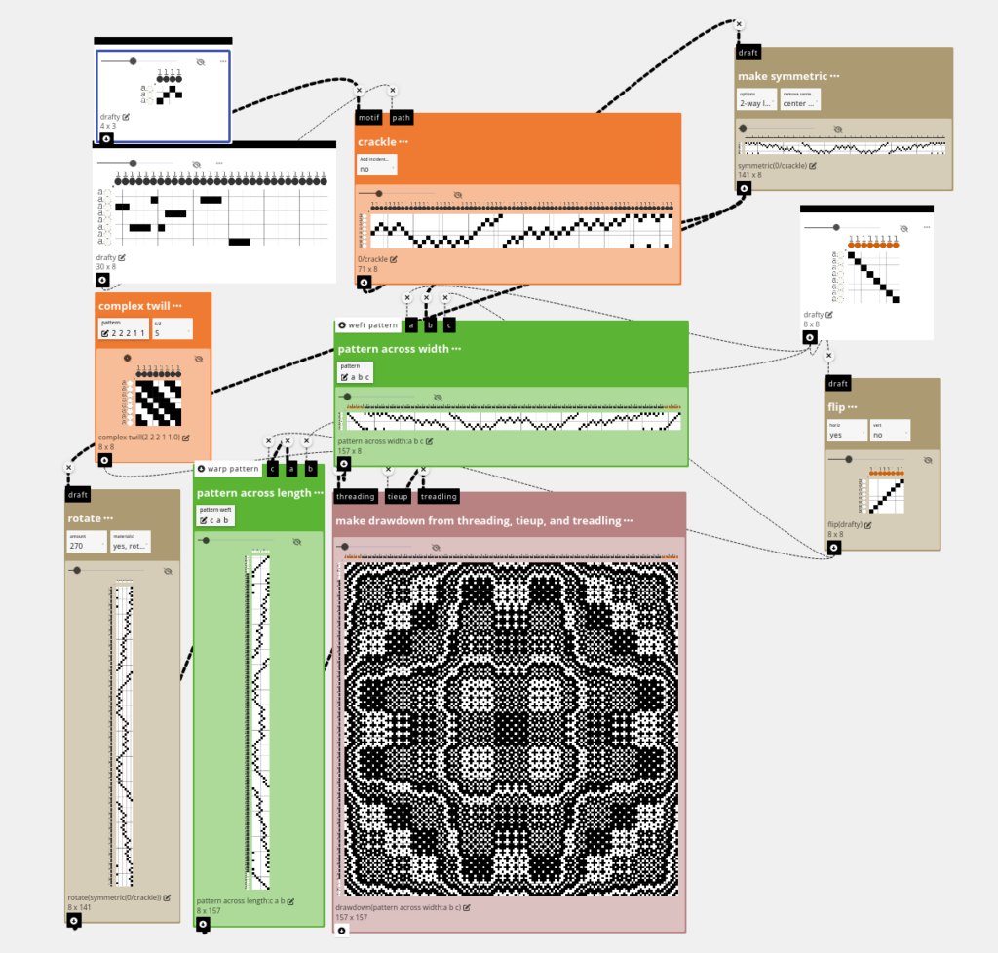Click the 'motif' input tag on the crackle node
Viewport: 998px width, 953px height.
pyautogui.click(x=367, y=118)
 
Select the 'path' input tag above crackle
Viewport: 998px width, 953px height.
pyautogui.click(x=401, y=118)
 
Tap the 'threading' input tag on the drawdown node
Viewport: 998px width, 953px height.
pyautogui.click(x=356, y=496)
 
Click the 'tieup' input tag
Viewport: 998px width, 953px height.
pyautogui.click(x=398, y=496)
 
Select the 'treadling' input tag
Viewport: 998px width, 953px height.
pyautogui.click(x=439, y=496)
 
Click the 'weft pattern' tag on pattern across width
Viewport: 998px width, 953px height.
pyautogui.click(x=367, y=325)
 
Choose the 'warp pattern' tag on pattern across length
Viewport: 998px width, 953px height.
pyautogui.click(x=228, y=469)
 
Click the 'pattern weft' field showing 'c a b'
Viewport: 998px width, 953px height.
pyautogui.click(x=215, y=517)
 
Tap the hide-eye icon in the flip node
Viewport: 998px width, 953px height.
pyautogui.click(x=912, y=458)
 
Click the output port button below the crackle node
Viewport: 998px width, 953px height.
pyautogui.click(x=363, y=283)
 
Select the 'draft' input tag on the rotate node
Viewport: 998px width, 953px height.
pyautogui.click(x=78, y=494)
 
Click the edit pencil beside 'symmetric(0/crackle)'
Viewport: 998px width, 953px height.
pyautogui.click(x=813, y=166)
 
